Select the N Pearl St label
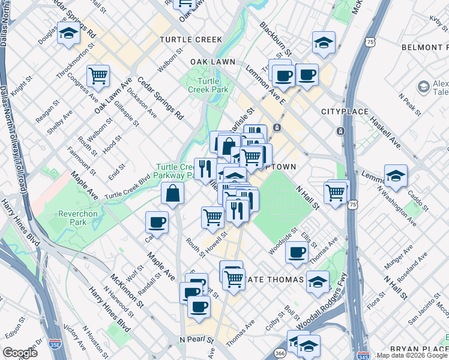[x=197, y=340]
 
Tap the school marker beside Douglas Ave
[x=69, y=35]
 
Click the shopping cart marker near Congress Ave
[x=98, y=76]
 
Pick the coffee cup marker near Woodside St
[x=297, y=253]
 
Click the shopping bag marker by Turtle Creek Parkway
[x=173, y=194]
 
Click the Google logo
[x=20, y=353]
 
